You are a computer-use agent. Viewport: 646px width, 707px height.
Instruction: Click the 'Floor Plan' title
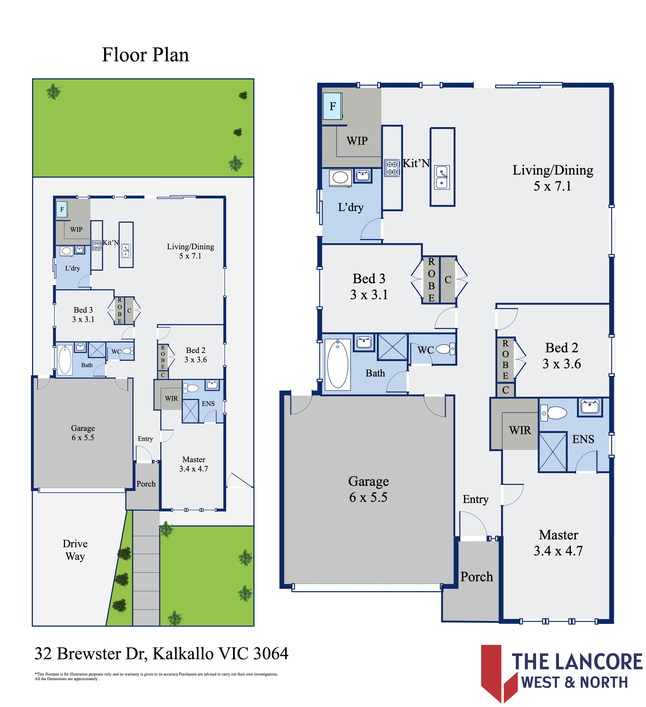pos(145,55)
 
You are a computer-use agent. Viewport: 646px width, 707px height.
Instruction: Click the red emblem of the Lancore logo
pos(499,673)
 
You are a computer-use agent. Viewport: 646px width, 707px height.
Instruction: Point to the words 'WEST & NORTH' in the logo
pos(575,682)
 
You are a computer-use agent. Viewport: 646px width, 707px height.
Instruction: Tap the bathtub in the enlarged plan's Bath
pos(338,364)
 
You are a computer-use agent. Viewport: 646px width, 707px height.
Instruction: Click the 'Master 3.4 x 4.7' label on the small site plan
pos(194,464)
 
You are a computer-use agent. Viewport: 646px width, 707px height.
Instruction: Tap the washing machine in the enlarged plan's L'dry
pos(340,178)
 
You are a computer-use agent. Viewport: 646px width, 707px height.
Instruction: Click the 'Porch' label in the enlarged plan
pos(477,577)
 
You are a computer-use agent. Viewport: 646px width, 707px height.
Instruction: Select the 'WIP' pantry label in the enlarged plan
pos(357,141)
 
